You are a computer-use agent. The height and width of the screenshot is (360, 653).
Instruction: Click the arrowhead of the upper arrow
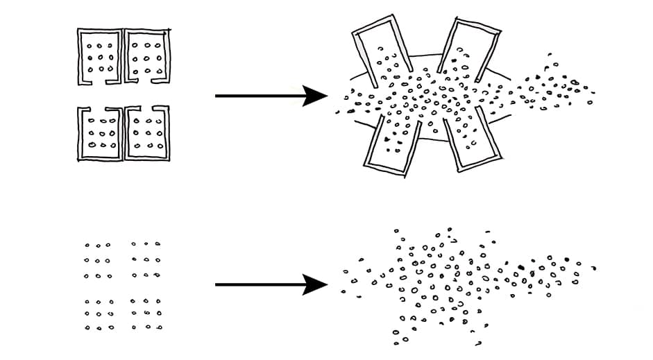(x=316, y=96)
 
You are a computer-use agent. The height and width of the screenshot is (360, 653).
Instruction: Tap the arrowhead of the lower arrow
(x=316, y=284)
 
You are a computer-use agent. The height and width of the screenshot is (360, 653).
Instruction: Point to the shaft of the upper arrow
(x=257, y=96)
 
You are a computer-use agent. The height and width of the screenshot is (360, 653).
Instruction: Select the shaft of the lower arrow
(x=257, y=284)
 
